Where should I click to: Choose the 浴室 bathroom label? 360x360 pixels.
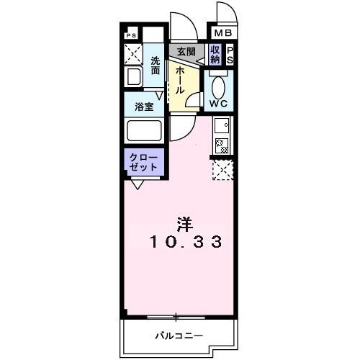coord(144,107)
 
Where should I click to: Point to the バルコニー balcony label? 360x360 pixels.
coord(179,335)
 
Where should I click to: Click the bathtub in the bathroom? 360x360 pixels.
coord(144,131)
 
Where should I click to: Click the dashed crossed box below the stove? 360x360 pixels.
coord(221,170)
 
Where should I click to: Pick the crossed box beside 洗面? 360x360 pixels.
coord(133,54)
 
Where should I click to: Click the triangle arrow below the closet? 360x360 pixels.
coord(137,185)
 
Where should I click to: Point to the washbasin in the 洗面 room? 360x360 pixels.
coord(134,77)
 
